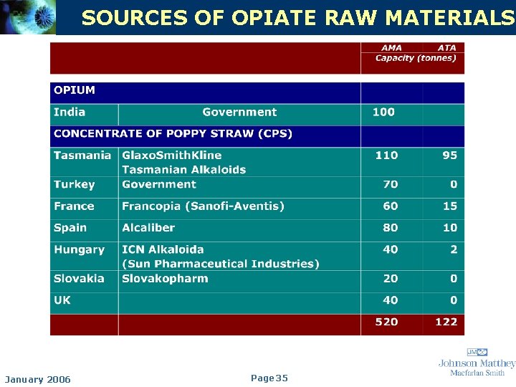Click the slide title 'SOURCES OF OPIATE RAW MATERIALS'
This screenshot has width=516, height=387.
pyautogui.click(x=298, y=18)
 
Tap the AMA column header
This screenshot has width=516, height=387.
pyautogui.click(x=391, y=48)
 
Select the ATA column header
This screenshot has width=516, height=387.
pyautogui.click(x=446, y=48)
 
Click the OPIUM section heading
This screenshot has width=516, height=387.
pyautogui.click(x=75, y=90)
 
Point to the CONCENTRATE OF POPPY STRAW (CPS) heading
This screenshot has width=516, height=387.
pyautogui.click(x=173, y=134)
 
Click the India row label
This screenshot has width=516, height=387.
pyautogui.click(x=70, y=113)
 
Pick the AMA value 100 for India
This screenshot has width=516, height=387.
pyautogui.click(x=383, y=113)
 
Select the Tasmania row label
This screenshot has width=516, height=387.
pyautogui.click(x=82, y=156)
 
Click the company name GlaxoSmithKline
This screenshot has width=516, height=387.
pyautogui.click(x=172, y=156)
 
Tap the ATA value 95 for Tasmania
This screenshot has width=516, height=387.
pyautogui.click(x=449, y=156)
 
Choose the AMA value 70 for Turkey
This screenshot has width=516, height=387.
pyautogui.click(x=390, y=185)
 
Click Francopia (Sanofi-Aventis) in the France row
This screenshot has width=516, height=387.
pyautogui.click(x=203, y=206)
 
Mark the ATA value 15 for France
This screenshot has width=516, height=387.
pyautogui.click(x=449, y=206)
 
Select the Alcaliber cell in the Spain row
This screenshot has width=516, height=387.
pyautogui.click(x=148, y=228)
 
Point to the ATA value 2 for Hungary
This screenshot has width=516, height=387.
pyautogui.click(x=453, y=249)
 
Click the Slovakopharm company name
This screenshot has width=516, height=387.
pyautogui.click(x=165, y=279)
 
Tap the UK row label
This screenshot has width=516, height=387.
pyautogui.click(x=62, y=300)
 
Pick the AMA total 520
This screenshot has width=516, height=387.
pyautogui.click(x=386, y=322)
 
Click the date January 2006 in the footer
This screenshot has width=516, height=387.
pyautogui.click(x=38, y=379)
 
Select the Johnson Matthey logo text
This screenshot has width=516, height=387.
pyautogui.click(x=477, y=363)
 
